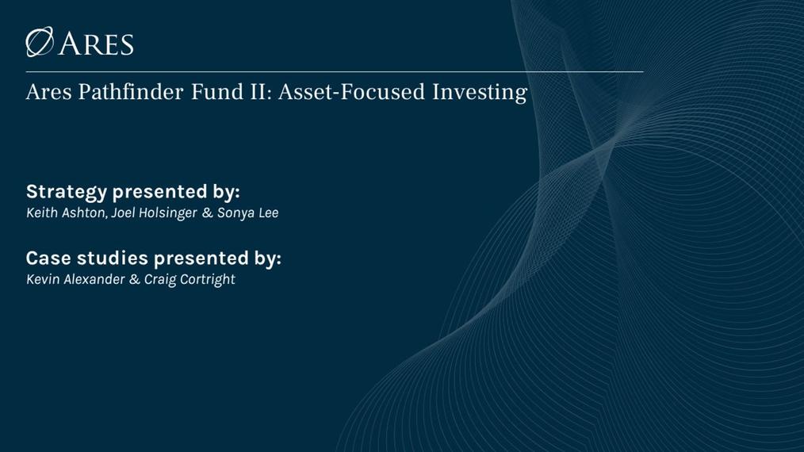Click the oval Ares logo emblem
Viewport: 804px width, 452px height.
(x=40, y=42)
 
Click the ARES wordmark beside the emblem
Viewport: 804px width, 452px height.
(x=96, y=44)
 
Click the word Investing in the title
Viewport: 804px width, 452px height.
(x=480, y=94)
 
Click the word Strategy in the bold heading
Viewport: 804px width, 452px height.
(x=67, y=193)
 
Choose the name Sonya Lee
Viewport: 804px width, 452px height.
(x=247, y=213)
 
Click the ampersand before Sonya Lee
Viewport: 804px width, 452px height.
(x=208, y=213)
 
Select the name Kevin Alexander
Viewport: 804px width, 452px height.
(x=75, y=280)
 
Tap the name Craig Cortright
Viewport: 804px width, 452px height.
(x=190, y=280)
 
